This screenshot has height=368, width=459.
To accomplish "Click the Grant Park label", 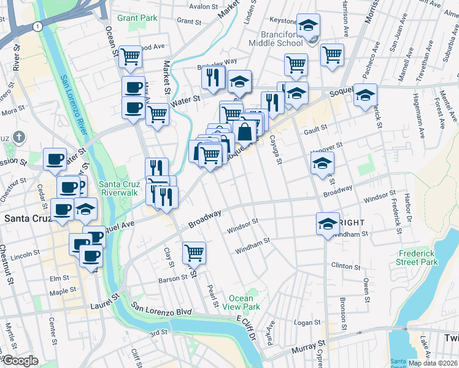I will [137, 18].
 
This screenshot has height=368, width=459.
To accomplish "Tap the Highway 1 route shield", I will [38, 26].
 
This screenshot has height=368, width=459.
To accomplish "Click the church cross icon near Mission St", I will [19, 136].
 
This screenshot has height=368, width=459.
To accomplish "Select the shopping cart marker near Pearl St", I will [194, 252].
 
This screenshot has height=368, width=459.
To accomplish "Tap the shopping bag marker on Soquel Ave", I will [244, 132].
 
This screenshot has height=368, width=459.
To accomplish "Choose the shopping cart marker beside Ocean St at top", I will [130, 57].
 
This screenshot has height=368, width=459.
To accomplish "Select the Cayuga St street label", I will [274, 150].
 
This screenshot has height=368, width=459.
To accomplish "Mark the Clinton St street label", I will [345, 266].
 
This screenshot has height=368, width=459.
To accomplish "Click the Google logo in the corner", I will [20, 361].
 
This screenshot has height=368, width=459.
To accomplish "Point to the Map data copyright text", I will [433, 363].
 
